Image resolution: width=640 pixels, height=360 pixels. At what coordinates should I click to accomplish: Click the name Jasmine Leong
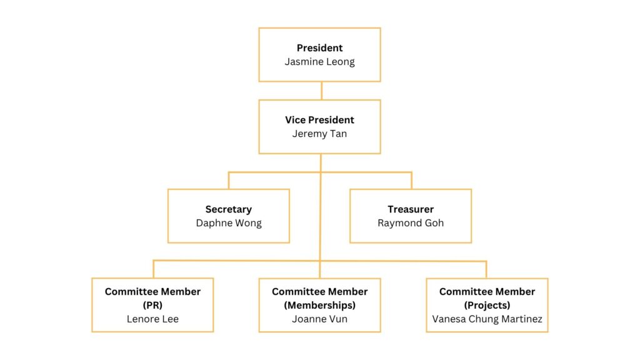319,61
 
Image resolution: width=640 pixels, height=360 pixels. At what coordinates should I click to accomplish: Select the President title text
319,47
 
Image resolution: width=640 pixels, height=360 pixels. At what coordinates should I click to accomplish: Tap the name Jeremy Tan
319,133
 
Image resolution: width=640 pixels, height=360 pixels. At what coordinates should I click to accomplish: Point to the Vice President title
319,119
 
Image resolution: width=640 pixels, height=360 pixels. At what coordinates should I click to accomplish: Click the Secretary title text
228,209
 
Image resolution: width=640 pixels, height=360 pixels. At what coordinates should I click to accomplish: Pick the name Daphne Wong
228,223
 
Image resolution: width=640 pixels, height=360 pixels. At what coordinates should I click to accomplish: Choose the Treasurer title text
410,209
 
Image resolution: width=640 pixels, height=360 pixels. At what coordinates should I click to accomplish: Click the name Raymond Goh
410,223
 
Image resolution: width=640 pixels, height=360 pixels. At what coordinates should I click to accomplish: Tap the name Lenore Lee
152,319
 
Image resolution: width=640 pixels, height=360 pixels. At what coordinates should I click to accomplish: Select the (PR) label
152,306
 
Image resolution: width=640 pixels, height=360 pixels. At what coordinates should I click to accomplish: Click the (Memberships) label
319,306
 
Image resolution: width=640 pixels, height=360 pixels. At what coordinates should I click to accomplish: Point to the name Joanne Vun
319,319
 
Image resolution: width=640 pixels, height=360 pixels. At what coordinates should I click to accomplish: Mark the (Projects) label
487,306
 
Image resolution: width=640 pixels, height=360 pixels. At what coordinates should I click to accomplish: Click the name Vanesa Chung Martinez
487,319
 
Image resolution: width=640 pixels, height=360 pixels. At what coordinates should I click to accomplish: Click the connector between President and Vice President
321,91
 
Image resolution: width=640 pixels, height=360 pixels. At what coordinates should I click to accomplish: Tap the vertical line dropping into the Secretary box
229,181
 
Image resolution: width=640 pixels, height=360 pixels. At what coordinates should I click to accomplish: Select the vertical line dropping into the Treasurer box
411,181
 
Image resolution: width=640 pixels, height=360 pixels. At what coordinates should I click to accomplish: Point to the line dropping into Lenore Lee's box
153,269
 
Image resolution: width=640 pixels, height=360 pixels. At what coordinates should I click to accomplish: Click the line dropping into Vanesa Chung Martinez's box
486,269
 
